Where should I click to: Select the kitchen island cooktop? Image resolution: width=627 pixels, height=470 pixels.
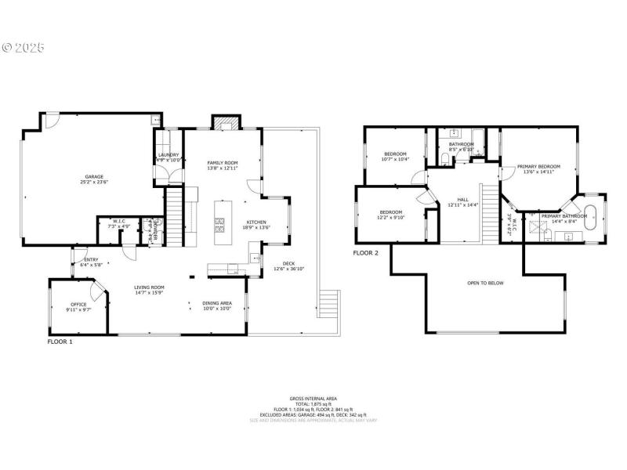point(220,226)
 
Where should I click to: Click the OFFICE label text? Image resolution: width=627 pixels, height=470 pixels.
point(78,304)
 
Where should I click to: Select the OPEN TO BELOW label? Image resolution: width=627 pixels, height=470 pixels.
point(485,283)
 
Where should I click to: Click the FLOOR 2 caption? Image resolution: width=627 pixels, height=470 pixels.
point(365,253)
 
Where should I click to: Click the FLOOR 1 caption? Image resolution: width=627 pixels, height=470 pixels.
point(60,342)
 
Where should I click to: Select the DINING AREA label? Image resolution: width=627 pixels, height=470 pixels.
point(217,303)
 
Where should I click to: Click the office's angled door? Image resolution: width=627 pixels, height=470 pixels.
point(97,291)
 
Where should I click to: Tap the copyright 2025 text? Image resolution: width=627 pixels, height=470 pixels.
point(24,48)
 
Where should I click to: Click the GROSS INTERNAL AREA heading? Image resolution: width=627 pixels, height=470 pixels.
point(312,399)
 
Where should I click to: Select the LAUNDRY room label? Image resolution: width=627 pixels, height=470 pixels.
point(169,155)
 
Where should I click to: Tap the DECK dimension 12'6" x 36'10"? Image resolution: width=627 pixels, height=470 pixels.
point(289,269)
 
